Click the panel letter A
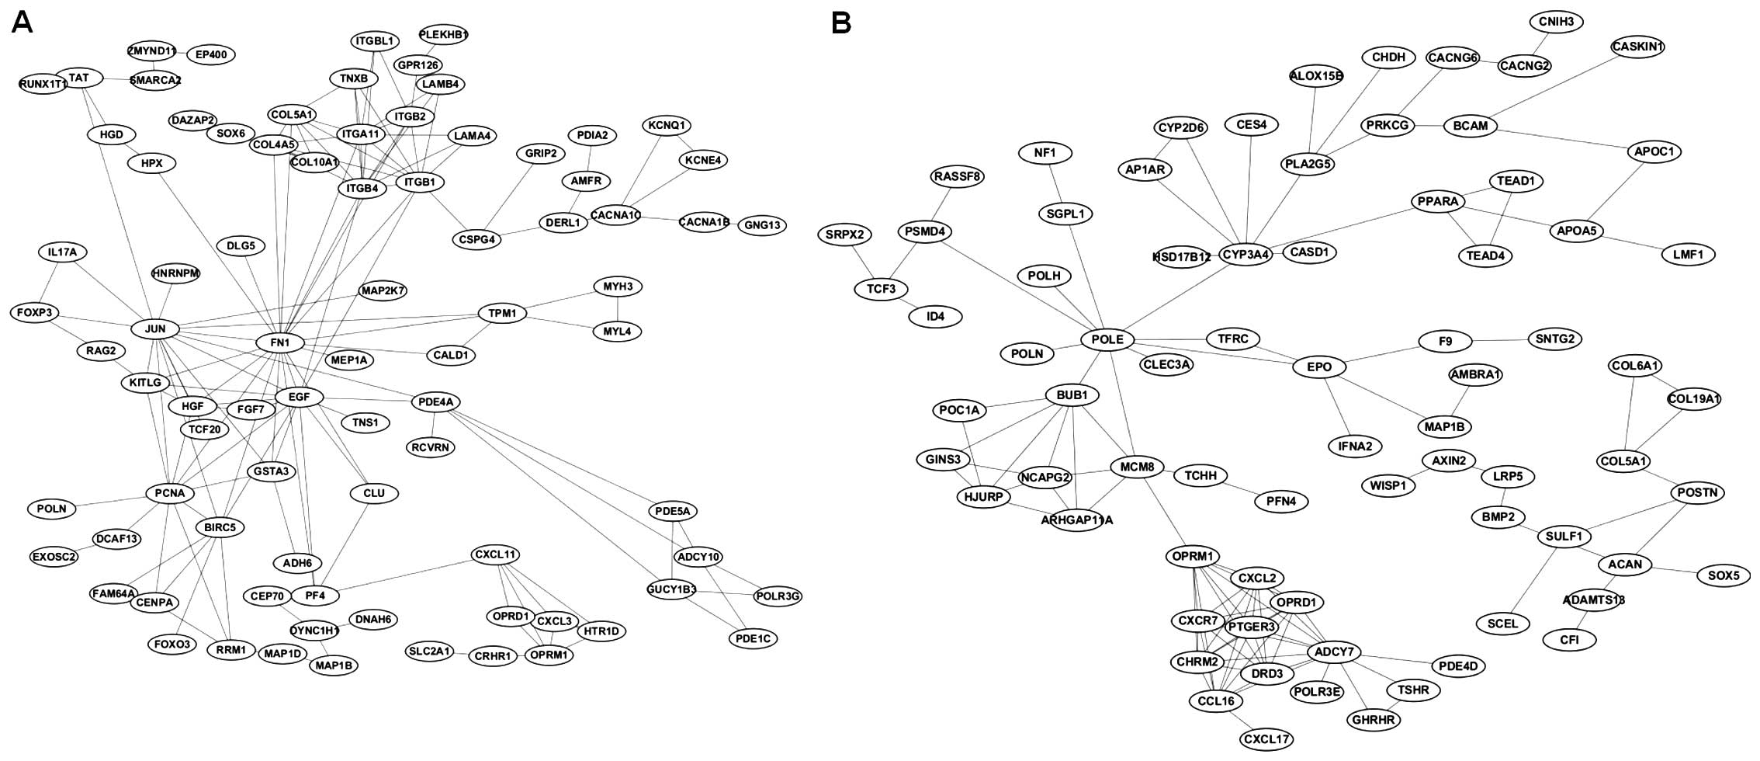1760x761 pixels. click(23, 23)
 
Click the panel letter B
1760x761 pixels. click(841, 23)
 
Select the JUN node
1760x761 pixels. click(155, 328)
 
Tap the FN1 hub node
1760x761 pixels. click(279, 342)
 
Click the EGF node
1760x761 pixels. click(299, 397)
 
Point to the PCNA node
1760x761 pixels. click(169, 493)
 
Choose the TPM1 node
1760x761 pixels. click(502, 314)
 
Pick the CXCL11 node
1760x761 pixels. click(495, 554)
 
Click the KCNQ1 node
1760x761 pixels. click(667, 125)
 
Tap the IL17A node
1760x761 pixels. click(62, 252)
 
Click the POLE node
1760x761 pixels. click(1107, 339)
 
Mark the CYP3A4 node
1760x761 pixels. click(1246, 254)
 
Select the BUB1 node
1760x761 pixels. click(1072, 395)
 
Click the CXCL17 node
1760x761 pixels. click(1266, 738)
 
